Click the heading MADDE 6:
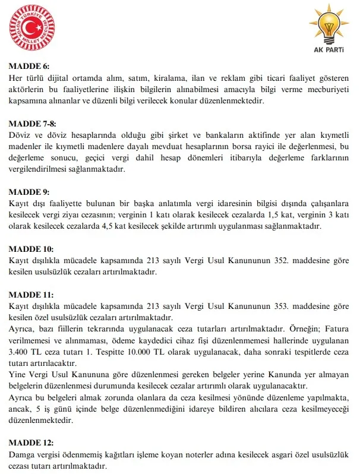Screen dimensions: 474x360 tap(29, 66)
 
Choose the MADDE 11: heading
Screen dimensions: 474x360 tap(31, 294)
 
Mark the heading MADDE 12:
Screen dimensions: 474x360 tap(31, 443)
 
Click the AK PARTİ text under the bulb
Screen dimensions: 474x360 tap(327, 50)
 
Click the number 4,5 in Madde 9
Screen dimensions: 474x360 tap(84, 226)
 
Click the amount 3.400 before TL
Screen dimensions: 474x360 tap(22, 352)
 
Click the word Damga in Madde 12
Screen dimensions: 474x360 tap(23, 454)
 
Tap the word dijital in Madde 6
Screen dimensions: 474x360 tap(64, 77)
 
